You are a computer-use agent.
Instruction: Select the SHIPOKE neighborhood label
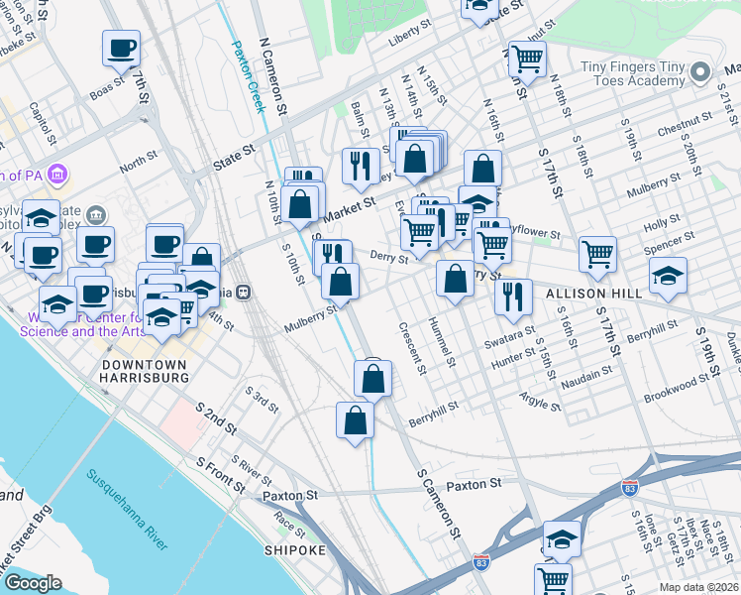tap(295, 549)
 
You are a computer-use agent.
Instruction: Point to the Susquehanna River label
tap(127, 511)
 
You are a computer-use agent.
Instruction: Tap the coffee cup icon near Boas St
tap(121, 48)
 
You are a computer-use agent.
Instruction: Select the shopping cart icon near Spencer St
tap(598, 254)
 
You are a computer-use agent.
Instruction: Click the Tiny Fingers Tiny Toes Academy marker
tap(701, 72)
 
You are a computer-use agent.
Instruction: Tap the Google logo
tap(32, 583)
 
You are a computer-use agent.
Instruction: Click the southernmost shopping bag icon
tap(355, 419)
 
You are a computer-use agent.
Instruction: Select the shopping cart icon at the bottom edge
tap(553, 579)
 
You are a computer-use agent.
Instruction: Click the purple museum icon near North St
tap(57, 176)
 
